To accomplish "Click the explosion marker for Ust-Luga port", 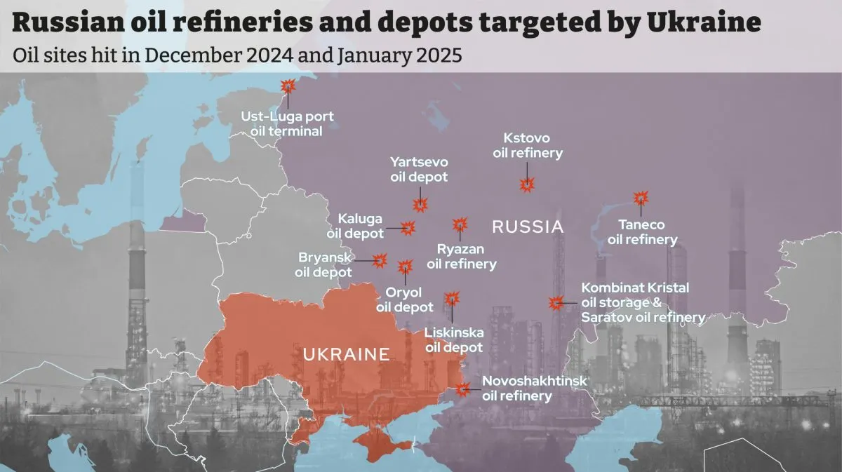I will (288, 86).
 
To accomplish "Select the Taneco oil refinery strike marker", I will (641, 198).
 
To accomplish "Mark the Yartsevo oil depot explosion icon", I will (420, 204).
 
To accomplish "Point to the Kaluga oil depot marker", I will (408, 227).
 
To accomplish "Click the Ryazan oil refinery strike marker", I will (460, 224).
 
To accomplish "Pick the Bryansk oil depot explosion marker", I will (380, 260).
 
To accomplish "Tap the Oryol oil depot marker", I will (405, 267).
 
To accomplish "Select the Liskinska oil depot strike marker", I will (451, 299).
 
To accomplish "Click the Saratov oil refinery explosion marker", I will (556, 303).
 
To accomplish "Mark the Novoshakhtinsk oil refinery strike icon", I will (462, 388).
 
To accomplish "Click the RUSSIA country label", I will (528, 227).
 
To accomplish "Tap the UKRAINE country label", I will (346, 354).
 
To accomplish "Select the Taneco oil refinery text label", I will (642, 232).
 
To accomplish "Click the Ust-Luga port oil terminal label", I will (287, 123).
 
